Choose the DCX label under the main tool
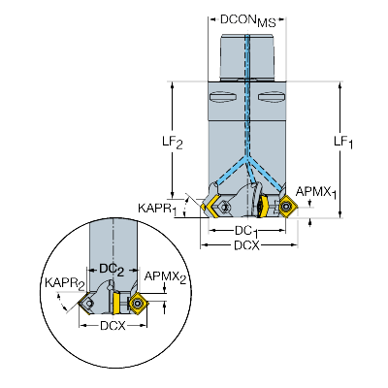245,247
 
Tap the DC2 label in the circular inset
111,268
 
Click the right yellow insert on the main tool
286,205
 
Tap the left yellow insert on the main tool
210,205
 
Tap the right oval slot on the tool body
269,97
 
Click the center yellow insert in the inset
117,304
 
